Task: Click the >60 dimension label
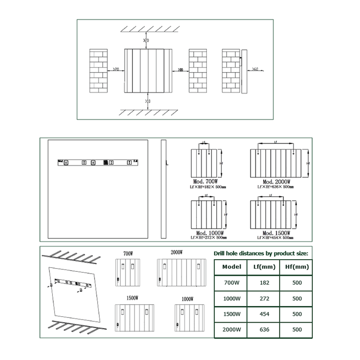point(255,69)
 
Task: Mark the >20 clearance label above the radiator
point(146,41)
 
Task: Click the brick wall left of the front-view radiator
point(100,70)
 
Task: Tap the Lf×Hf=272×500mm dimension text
point(207,237)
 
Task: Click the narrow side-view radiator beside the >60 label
point(244,71)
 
